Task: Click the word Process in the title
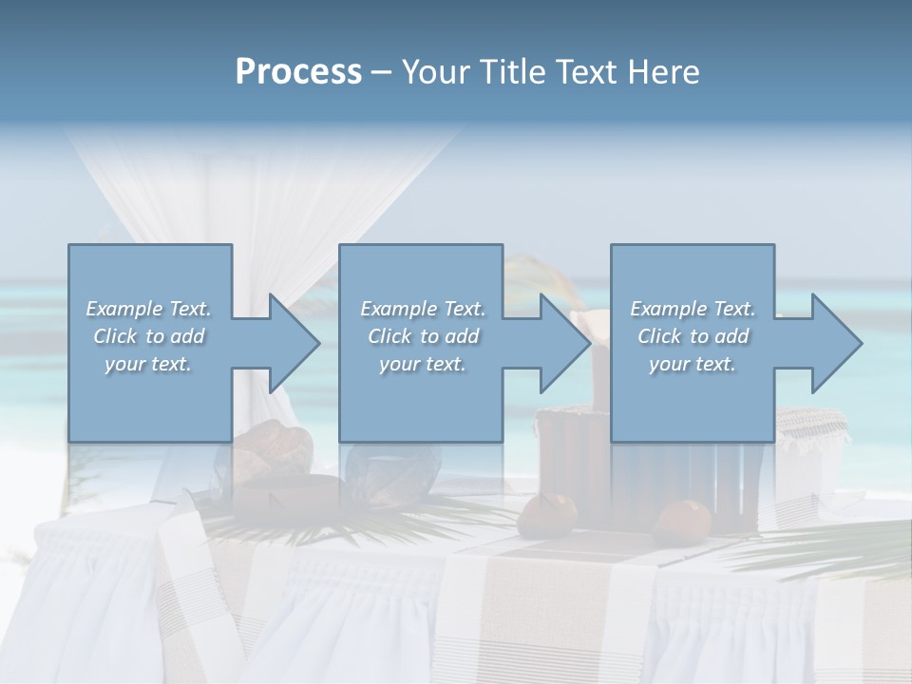pos(298,72)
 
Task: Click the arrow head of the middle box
pos(564,343)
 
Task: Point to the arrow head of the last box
pos(836,343)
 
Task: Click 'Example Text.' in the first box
pos(148,309)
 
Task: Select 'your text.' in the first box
pos(148,364)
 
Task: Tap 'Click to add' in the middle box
pos(423,336)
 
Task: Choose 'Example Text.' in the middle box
pos(423,309)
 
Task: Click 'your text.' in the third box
pos(693,364)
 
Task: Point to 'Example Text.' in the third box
pos(693,309)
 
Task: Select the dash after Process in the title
pos(382,72)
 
